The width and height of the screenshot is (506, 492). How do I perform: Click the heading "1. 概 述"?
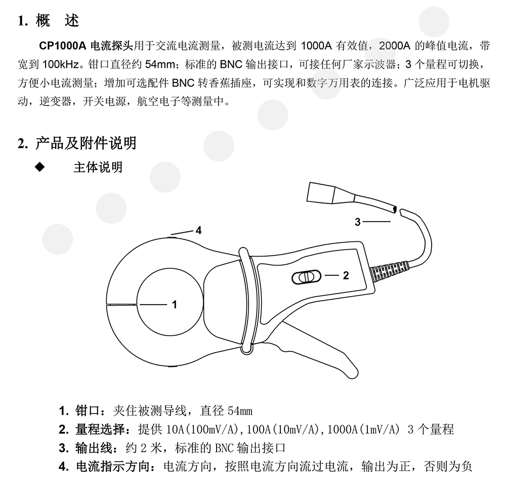(x=49, y=21)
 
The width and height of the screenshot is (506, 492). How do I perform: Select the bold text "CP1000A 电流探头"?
(x=86, y=46)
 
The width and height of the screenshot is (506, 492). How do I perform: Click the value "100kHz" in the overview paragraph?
(x=61, y=65)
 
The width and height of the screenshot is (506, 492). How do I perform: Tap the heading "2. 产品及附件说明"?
(x=77, y=143)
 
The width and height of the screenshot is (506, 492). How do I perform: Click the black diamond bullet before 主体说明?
(x=40, y=167)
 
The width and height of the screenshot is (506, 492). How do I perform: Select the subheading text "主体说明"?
(x=98, y=167)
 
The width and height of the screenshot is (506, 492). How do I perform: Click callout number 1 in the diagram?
(x=174, y=304)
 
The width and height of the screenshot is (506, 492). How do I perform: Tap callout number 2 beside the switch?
(x=346, y=275)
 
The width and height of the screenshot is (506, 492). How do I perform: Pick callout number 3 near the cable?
(x=358, y=222)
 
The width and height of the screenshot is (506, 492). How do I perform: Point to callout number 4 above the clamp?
(x=198, y=230)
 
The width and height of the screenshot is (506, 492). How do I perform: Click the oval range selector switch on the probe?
(x=307, y=277)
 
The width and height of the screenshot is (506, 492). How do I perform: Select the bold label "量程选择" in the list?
(x=100, y=429)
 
